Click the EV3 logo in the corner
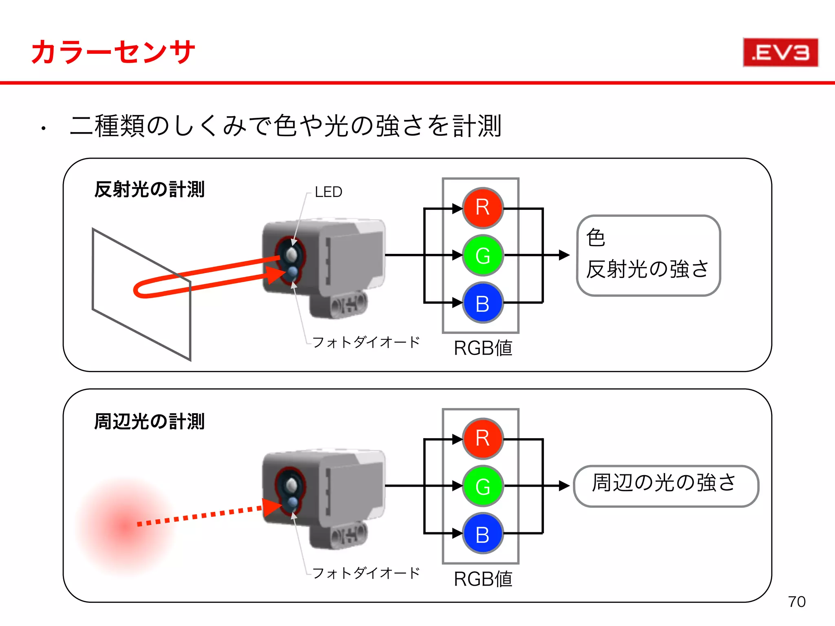[780, 53]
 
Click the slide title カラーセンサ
[113, 52]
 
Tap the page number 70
[796, 602]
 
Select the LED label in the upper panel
[328, 192]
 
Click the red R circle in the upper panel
[483, 208]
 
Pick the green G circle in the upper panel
[483, 256]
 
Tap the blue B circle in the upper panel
[483, 303]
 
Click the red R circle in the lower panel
[483, 439]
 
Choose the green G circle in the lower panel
[483, 486]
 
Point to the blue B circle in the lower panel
[483, 533]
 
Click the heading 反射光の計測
[149, 190]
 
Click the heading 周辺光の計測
[149, 421]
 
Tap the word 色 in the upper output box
[596, 238]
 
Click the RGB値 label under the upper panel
[483, 348]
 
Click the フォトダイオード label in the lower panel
[366, 573]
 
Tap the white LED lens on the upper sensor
[291, 254]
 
